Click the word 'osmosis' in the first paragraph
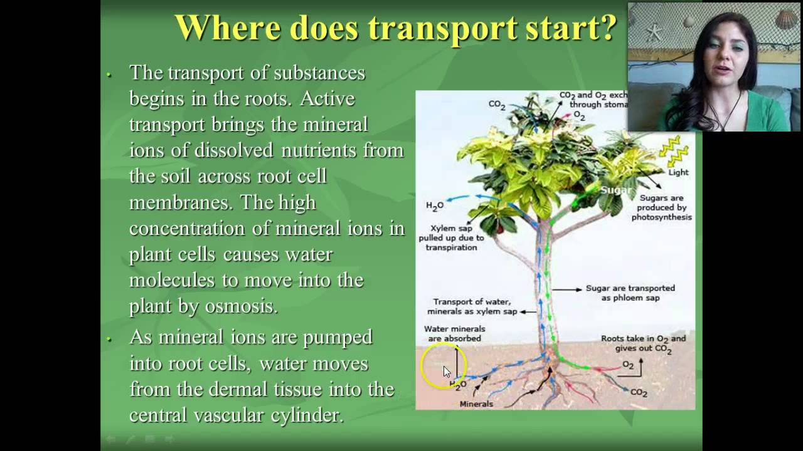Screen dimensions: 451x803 pyautogui.click(x=241, y=306)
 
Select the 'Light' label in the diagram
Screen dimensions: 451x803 pyautogui.click(x=678, y=172)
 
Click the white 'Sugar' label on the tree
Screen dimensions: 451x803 pyautogui.click(x=615, y=190)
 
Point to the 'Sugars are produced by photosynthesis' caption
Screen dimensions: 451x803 pyautogui.click(x=661, y=207)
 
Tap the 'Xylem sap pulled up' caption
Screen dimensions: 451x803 pyautogui.click(x=451, y=237)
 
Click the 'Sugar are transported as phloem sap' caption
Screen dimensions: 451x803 pyautogui.click(x=630, y=293)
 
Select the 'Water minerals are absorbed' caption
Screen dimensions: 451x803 pyautogui.click(x=454, y=333)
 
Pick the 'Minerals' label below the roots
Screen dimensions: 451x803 pyautogui.click(x=476, y=404)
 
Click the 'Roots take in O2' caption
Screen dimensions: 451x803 pyautogui.click(x=643, y=343)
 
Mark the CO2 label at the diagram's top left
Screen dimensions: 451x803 pyautogui.click(x=497, y=105)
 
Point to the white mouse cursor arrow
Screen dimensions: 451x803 pyautogui.click(x=446, y=371)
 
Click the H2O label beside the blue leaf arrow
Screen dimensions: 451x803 pyautogui.click(x=435, y=206)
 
